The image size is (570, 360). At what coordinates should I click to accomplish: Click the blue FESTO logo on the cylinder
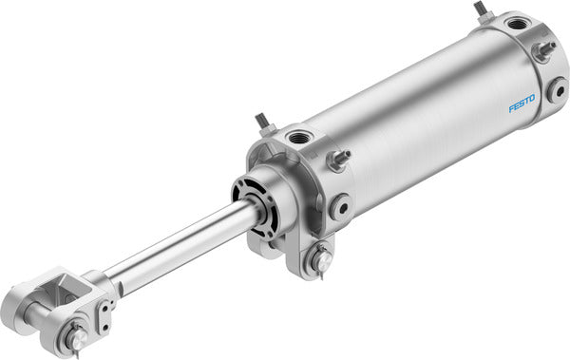(522, 102)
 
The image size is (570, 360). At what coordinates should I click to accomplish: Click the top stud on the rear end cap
(481, 10)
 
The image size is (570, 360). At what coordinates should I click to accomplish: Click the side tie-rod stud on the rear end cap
(544, 49)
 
